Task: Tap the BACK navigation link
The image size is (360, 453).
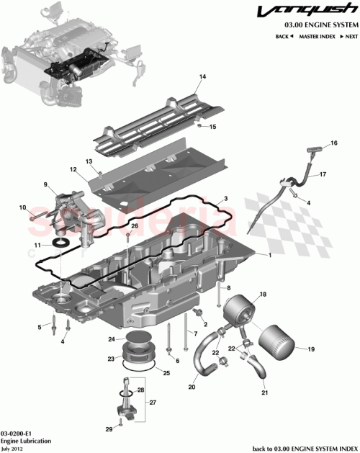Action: [284, 36]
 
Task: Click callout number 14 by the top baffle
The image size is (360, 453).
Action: [203, 76]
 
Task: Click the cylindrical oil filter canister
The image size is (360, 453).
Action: [276, 344]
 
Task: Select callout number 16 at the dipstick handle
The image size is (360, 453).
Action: [333, 144]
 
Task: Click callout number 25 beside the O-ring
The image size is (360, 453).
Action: [166, 373]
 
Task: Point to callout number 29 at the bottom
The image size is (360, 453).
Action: [109, 429]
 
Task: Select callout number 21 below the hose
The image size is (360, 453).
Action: [264, 394]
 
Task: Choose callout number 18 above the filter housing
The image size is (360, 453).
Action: [263, 295]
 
